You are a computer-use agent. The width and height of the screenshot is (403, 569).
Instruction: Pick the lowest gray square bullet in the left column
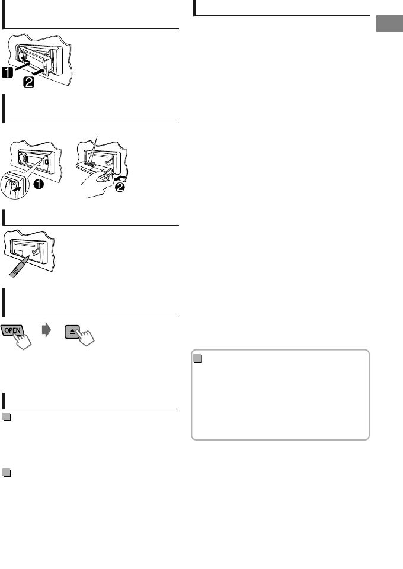coord(7,473)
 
